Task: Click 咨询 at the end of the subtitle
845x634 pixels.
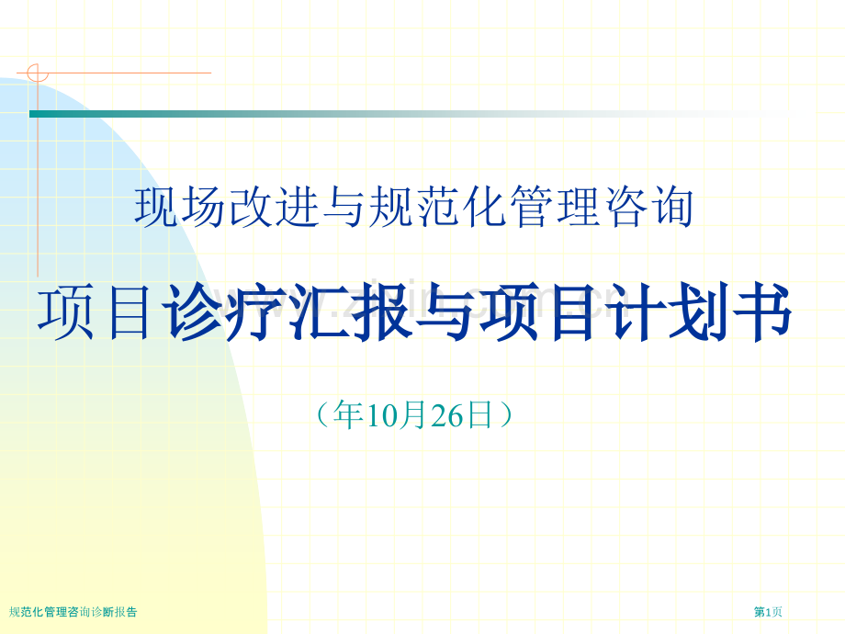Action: tap(661, 209)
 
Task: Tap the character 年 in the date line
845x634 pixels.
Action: tap(349, 416)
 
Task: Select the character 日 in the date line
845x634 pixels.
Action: tap(480, 416)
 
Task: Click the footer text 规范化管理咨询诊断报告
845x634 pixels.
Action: tap(73, 612)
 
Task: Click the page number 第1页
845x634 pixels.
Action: tap(768, 612)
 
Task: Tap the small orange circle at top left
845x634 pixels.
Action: tap(36, 73)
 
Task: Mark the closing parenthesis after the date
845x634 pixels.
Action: tap(506, 416)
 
